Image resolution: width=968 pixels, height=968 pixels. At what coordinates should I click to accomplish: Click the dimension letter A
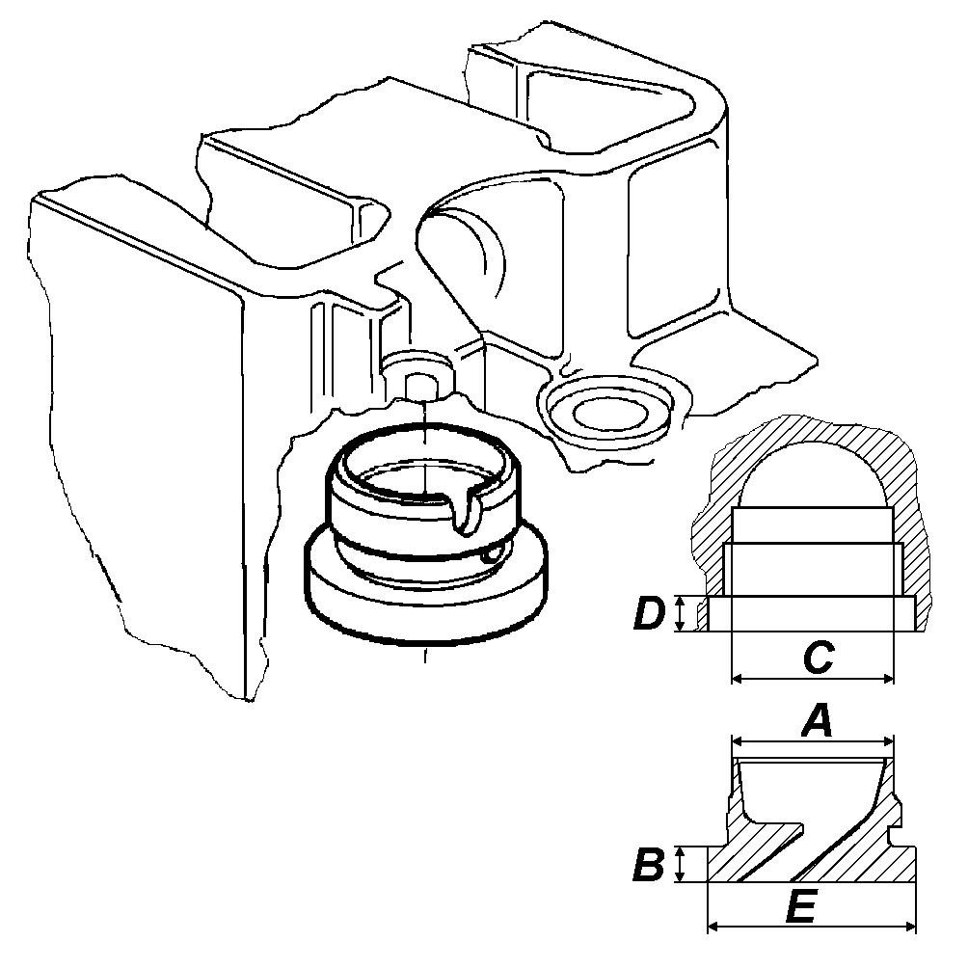pos(817,722)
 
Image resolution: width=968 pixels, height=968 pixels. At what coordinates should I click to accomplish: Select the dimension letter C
pos(819,658)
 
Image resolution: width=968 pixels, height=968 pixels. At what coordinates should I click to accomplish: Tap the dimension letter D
pos(650,613)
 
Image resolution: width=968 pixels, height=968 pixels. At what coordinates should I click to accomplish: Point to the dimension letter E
pos(801,907)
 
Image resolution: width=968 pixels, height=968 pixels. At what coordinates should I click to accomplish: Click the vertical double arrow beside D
pos(680,613)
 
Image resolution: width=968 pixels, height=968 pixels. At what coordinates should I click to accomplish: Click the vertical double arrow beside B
pos(680,864)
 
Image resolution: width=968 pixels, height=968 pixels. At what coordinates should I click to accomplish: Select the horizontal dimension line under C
pos(813,679)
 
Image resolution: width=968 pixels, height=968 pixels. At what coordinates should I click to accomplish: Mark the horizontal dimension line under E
pos(811,926)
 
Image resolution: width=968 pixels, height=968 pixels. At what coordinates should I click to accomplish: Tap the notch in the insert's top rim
pos(466,511)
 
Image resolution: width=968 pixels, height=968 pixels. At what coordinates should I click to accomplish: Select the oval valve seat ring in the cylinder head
pos(605,410)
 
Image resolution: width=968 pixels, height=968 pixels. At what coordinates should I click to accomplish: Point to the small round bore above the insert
pos(420,384)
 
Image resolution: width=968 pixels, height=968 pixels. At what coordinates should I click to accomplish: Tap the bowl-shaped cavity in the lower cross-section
pos(811,783)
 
